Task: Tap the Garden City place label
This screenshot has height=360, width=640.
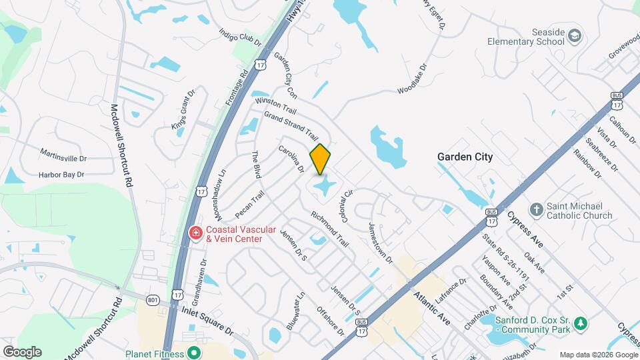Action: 465,157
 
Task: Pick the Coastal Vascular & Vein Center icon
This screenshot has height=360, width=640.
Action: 195,233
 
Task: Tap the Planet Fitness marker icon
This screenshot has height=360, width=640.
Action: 194,353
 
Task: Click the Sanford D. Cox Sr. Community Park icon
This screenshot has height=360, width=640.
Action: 581,323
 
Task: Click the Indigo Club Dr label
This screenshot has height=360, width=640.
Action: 240,36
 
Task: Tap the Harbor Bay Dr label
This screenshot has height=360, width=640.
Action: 61,175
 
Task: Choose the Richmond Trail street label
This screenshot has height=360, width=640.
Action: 330,229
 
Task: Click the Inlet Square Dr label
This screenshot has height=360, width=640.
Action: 207,321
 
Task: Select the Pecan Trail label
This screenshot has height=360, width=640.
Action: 250,205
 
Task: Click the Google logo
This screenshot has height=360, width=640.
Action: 22,351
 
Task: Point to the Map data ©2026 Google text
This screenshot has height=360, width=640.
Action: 598,355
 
